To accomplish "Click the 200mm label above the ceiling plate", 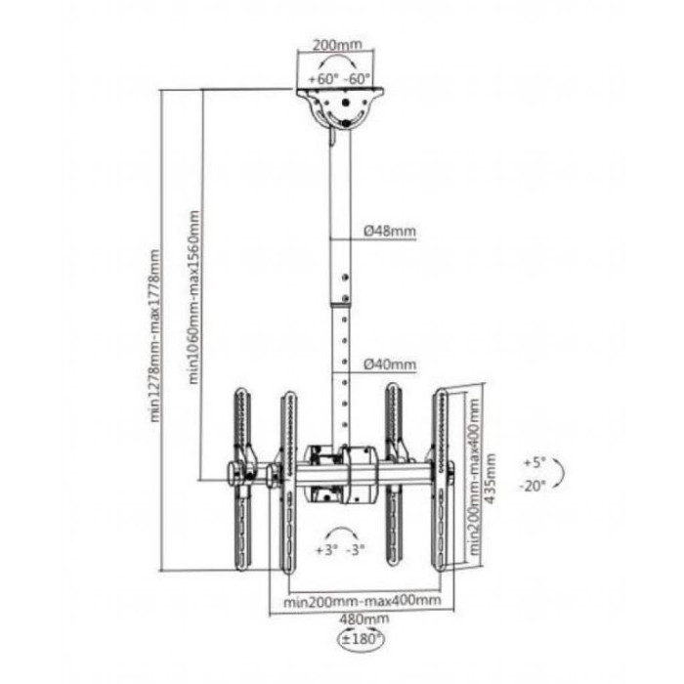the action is coord(337,45).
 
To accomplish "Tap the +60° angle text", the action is coord(323,79).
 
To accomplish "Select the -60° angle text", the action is coord(357,79).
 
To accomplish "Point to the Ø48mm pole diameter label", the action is coord(390,231).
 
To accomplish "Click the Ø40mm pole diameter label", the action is coord(390,363).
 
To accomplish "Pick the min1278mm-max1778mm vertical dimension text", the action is coord(155,336).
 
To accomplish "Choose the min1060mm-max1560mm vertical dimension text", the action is coord(194,297).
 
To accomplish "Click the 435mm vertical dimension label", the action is coord(491,479).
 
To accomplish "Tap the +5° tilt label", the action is coord(535,462).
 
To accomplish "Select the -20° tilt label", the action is coord(533,486).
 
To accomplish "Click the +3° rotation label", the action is coord(327,550).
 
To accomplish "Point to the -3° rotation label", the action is coord(355,550).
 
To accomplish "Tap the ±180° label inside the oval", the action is coord(362,639).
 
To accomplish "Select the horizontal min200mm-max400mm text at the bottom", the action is coord(363,601).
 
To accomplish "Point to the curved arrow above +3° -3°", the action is coord(341,534).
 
